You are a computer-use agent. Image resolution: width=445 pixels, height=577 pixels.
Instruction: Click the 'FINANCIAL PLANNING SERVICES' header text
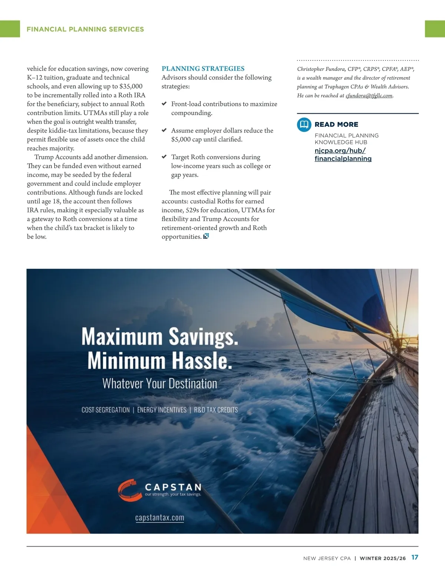click(x=85, y=29)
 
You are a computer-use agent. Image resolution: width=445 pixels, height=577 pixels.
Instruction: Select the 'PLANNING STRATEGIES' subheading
click(x=203, y=69)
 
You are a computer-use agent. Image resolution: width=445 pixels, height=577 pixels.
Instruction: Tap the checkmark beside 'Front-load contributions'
click(x=164, y=104)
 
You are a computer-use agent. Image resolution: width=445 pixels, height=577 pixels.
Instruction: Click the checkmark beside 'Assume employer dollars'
click(x=164, y=130)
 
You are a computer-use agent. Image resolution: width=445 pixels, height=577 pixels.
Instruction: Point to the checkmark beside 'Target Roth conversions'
click(x=164, y=157)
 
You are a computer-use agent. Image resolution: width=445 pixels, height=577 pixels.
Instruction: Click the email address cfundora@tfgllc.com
click(x=369, y=96)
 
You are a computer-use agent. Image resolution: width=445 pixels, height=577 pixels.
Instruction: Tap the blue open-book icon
click(x=304, y=124)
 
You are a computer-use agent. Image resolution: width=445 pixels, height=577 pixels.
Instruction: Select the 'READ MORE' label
click(x=336, y=124)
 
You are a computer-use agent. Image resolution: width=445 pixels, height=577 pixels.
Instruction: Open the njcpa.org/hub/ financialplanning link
click(x=343, y=155)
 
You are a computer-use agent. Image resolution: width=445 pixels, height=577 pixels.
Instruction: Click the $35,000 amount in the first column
click(x=131, y=86)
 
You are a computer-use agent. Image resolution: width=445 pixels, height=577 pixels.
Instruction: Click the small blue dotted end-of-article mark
click(x=206, y=236)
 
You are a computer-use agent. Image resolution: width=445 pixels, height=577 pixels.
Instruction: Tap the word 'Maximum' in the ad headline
click(x=122, y=337)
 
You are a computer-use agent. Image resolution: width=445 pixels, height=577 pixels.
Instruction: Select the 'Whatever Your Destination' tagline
click(x=159, y=384)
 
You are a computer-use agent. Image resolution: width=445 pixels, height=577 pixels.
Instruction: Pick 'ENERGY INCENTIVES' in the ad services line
click(x=162, y=410)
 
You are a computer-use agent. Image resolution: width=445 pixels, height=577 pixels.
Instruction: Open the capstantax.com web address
click(x=159, y=518)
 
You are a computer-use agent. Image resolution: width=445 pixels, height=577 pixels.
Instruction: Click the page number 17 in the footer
click(x=415, y=557)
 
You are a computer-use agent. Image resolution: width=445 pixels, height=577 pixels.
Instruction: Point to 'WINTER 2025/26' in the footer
click(x=383, y=558)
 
